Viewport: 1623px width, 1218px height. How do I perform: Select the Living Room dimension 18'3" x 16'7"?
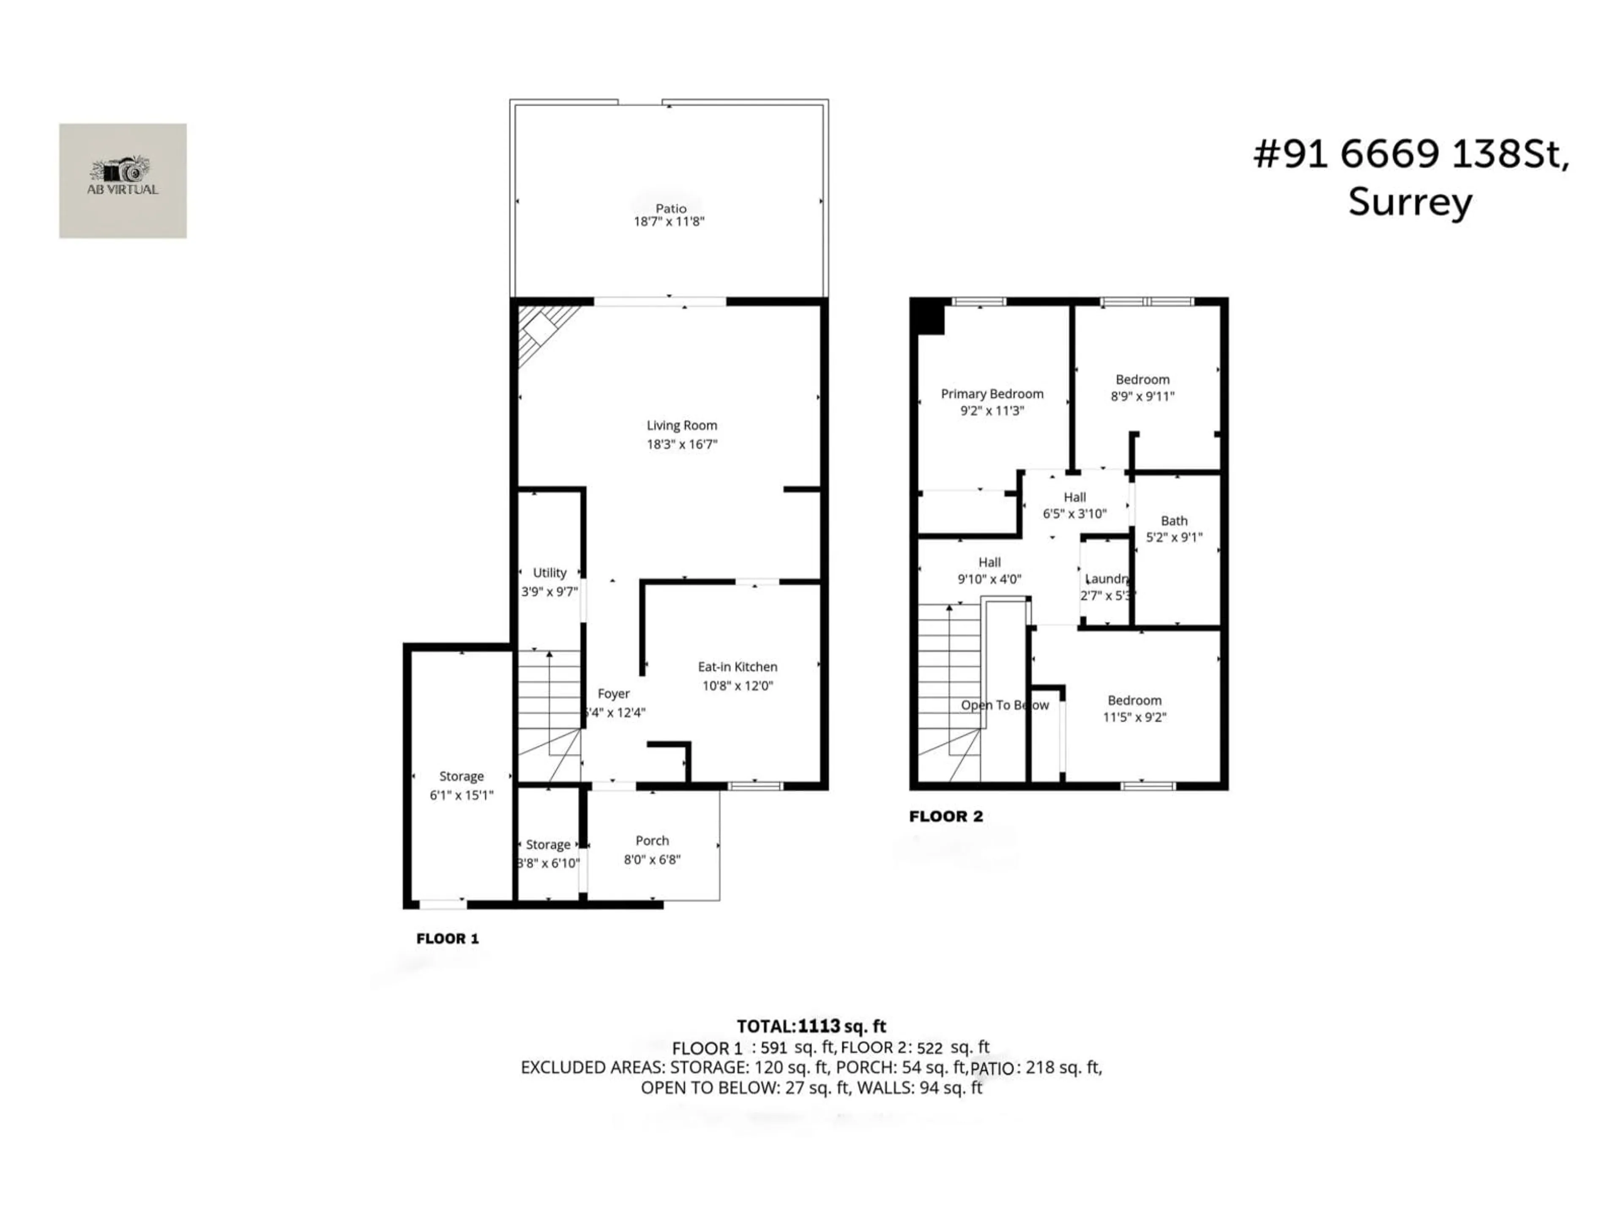682,444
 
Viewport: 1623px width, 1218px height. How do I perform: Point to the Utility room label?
549,573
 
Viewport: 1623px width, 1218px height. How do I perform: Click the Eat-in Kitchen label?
738,667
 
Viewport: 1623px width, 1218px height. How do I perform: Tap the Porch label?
652,841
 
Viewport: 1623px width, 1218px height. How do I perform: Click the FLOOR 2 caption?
946,816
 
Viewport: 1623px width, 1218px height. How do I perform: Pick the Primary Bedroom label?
992,394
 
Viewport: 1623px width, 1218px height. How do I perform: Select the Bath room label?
1174,521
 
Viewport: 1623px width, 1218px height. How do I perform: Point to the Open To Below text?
1005,705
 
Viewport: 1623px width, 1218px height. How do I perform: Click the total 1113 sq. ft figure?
842,1026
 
